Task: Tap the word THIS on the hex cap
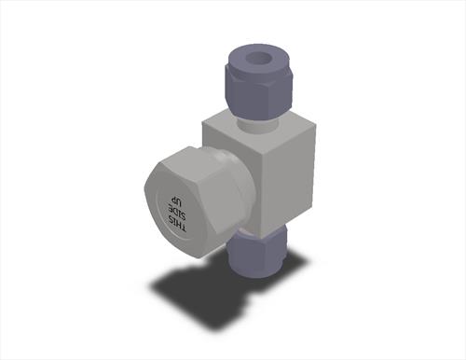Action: click(179, 222)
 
